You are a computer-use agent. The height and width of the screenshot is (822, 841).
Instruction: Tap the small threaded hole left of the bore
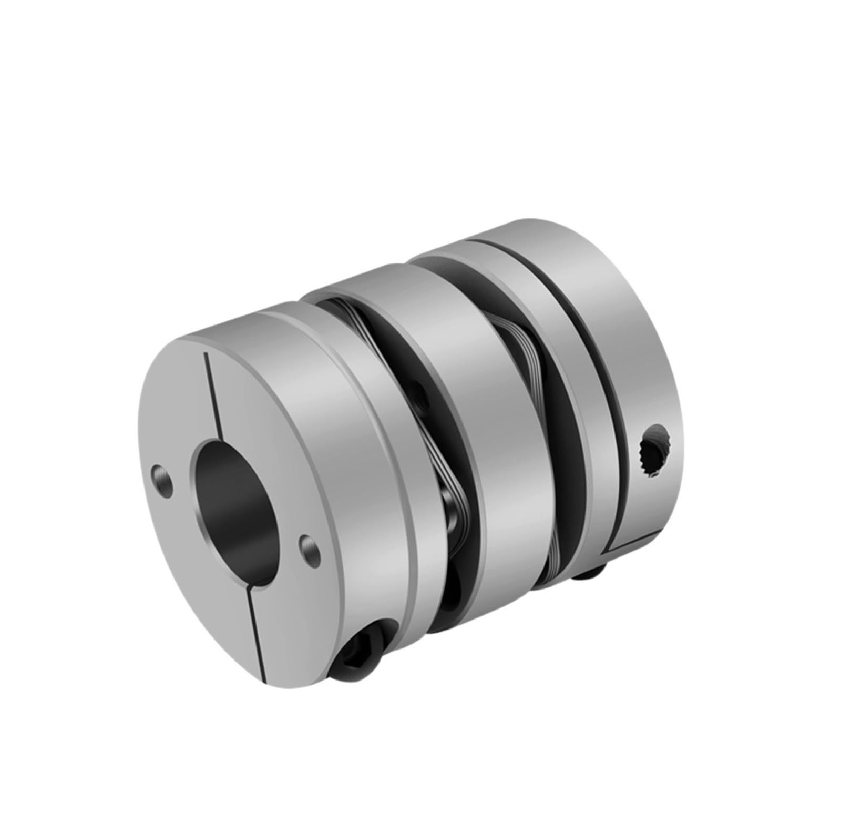coord(161,473)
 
